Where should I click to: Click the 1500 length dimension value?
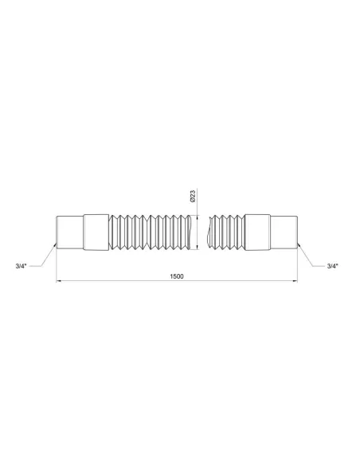pyautogui.click(x=177, y=276)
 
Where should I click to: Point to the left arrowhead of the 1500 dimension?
pyautogui.click(x=57, y=282)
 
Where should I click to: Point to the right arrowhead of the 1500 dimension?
pyautogui.click(x=296, y=282)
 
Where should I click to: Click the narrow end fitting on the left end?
pyautogui.click(x=67, y=231)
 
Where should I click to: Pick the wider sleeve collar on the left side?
pyautogui.click(x=95, y=231)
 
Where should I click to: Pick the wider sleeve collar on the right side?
pyautogui.click(x=259, y=231)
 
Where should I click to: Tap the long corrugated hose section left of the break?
pyautogui.click(x=151, y=231)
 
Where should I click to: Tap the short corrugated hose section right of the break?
pyautogui.click(x=225, y=231)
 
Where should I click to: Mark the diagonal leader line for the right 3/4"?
pyautogui.click(x=309, y=255)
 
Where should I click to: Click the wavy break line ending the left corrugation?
pyautogui.click(x=192, y=231)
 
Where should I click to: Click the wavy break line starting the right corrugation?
pyautogui.click(x=207, y=231)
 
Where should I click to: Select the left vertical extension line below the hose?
pyautogui.click(x=55, y=267)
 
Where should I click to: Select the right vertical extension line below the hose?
pyautogui.click(x=298, y=267)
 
